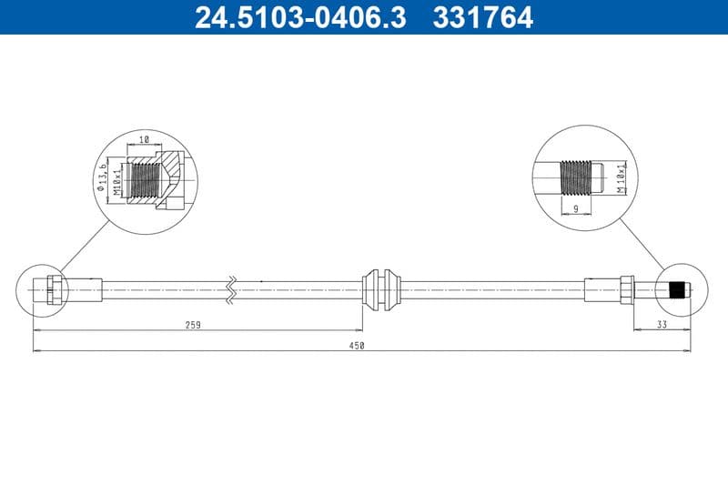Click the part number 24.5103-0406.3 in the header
click(301, 16)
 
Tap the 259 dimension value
click(192, 324)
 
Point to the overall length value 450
click(357, 345)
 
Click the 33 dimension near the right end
click(662, 324)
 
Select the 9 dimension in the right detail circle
click(576, 208)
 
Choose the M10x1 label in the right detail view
click(621, 178)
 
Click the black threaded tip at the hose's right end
click(676, 290)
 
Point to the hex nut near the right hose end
click(627, 289)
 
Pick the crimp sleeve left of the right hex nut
click(602, 289)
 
